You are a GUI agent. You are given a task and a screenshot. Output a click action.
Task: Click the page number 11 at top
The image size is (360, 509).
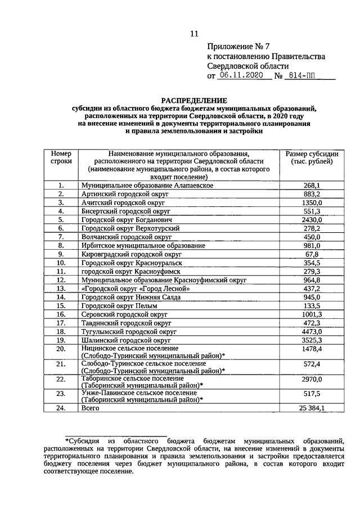point(194,33)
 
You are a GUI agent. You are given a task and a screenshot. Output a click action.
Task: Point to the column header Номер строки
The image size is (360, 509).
point(61,157)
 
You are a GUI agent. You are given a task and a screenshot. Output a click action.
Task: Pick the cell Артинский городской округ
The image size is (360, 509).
point(125,194)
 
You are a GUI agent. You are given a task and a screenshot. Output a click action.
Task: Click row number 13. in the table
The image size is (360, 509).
point(61,289)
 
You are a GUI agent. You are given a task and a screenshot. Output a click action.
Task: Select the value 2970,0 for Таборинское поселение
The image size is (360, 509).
point(312,381)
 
